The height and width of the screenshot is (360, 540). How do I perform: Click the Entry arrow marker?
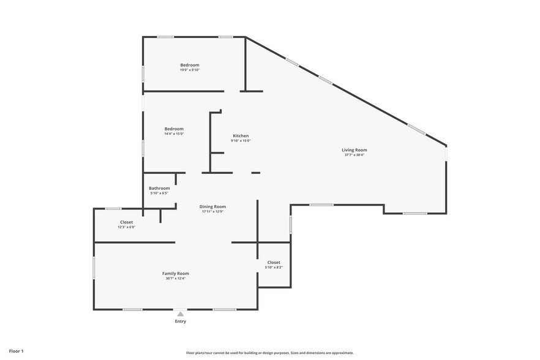coord(181,314)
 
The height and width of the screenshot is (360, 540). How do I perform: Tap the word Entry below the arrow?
coord(181,321)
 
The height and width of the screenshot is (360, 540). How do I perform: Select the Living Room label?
coord(354,150)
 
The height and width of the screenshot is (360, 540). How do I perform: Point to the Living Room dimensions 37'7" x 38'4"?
coord(354,155)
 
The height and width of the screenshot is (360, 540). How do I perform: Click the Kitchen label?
coord(241,136)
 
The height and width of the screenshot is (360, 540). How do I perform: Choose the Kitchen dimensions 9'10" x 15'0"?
coord(241,141)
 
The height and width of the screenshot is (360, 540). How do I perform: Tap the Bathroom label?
coord(159,189)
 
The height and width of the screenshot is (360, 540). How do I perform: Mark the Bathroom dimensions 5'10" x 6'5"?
coord(159,193)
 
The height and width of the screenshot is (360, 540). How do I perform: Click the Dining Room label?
coord(212,207)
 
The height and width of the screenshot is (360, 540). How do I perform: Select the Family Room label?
coord(176,274)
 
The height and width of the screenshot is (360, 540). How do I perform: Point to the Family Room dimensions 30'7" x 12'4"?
coord(176,279)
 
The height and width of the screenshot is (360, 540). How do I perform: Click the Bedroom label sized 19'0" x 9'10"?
coord(190,65)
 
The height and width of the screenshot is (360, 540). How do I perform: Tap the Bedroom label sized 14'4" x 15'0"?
coord(174,129)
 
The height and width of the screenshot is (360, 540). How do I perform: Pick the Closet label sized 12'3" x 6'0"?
coord(126,222)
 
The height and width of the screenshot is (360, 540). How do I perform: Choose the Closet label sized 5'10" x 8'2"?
coord(274,263)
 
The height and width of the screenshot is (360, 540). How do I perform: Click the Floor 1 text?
coord(16,351)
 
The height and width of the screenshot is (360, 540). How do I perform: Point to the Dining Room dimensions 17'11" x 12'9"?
coord(212,211)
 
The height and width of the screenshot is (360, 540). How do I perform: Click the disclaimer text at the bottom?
coord(270,353)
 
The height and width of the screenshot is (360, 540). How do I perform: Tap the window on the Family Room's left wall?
coord(94,268)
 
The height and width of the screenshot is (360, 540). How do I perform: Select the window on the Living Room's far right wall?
coord(446,153)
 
